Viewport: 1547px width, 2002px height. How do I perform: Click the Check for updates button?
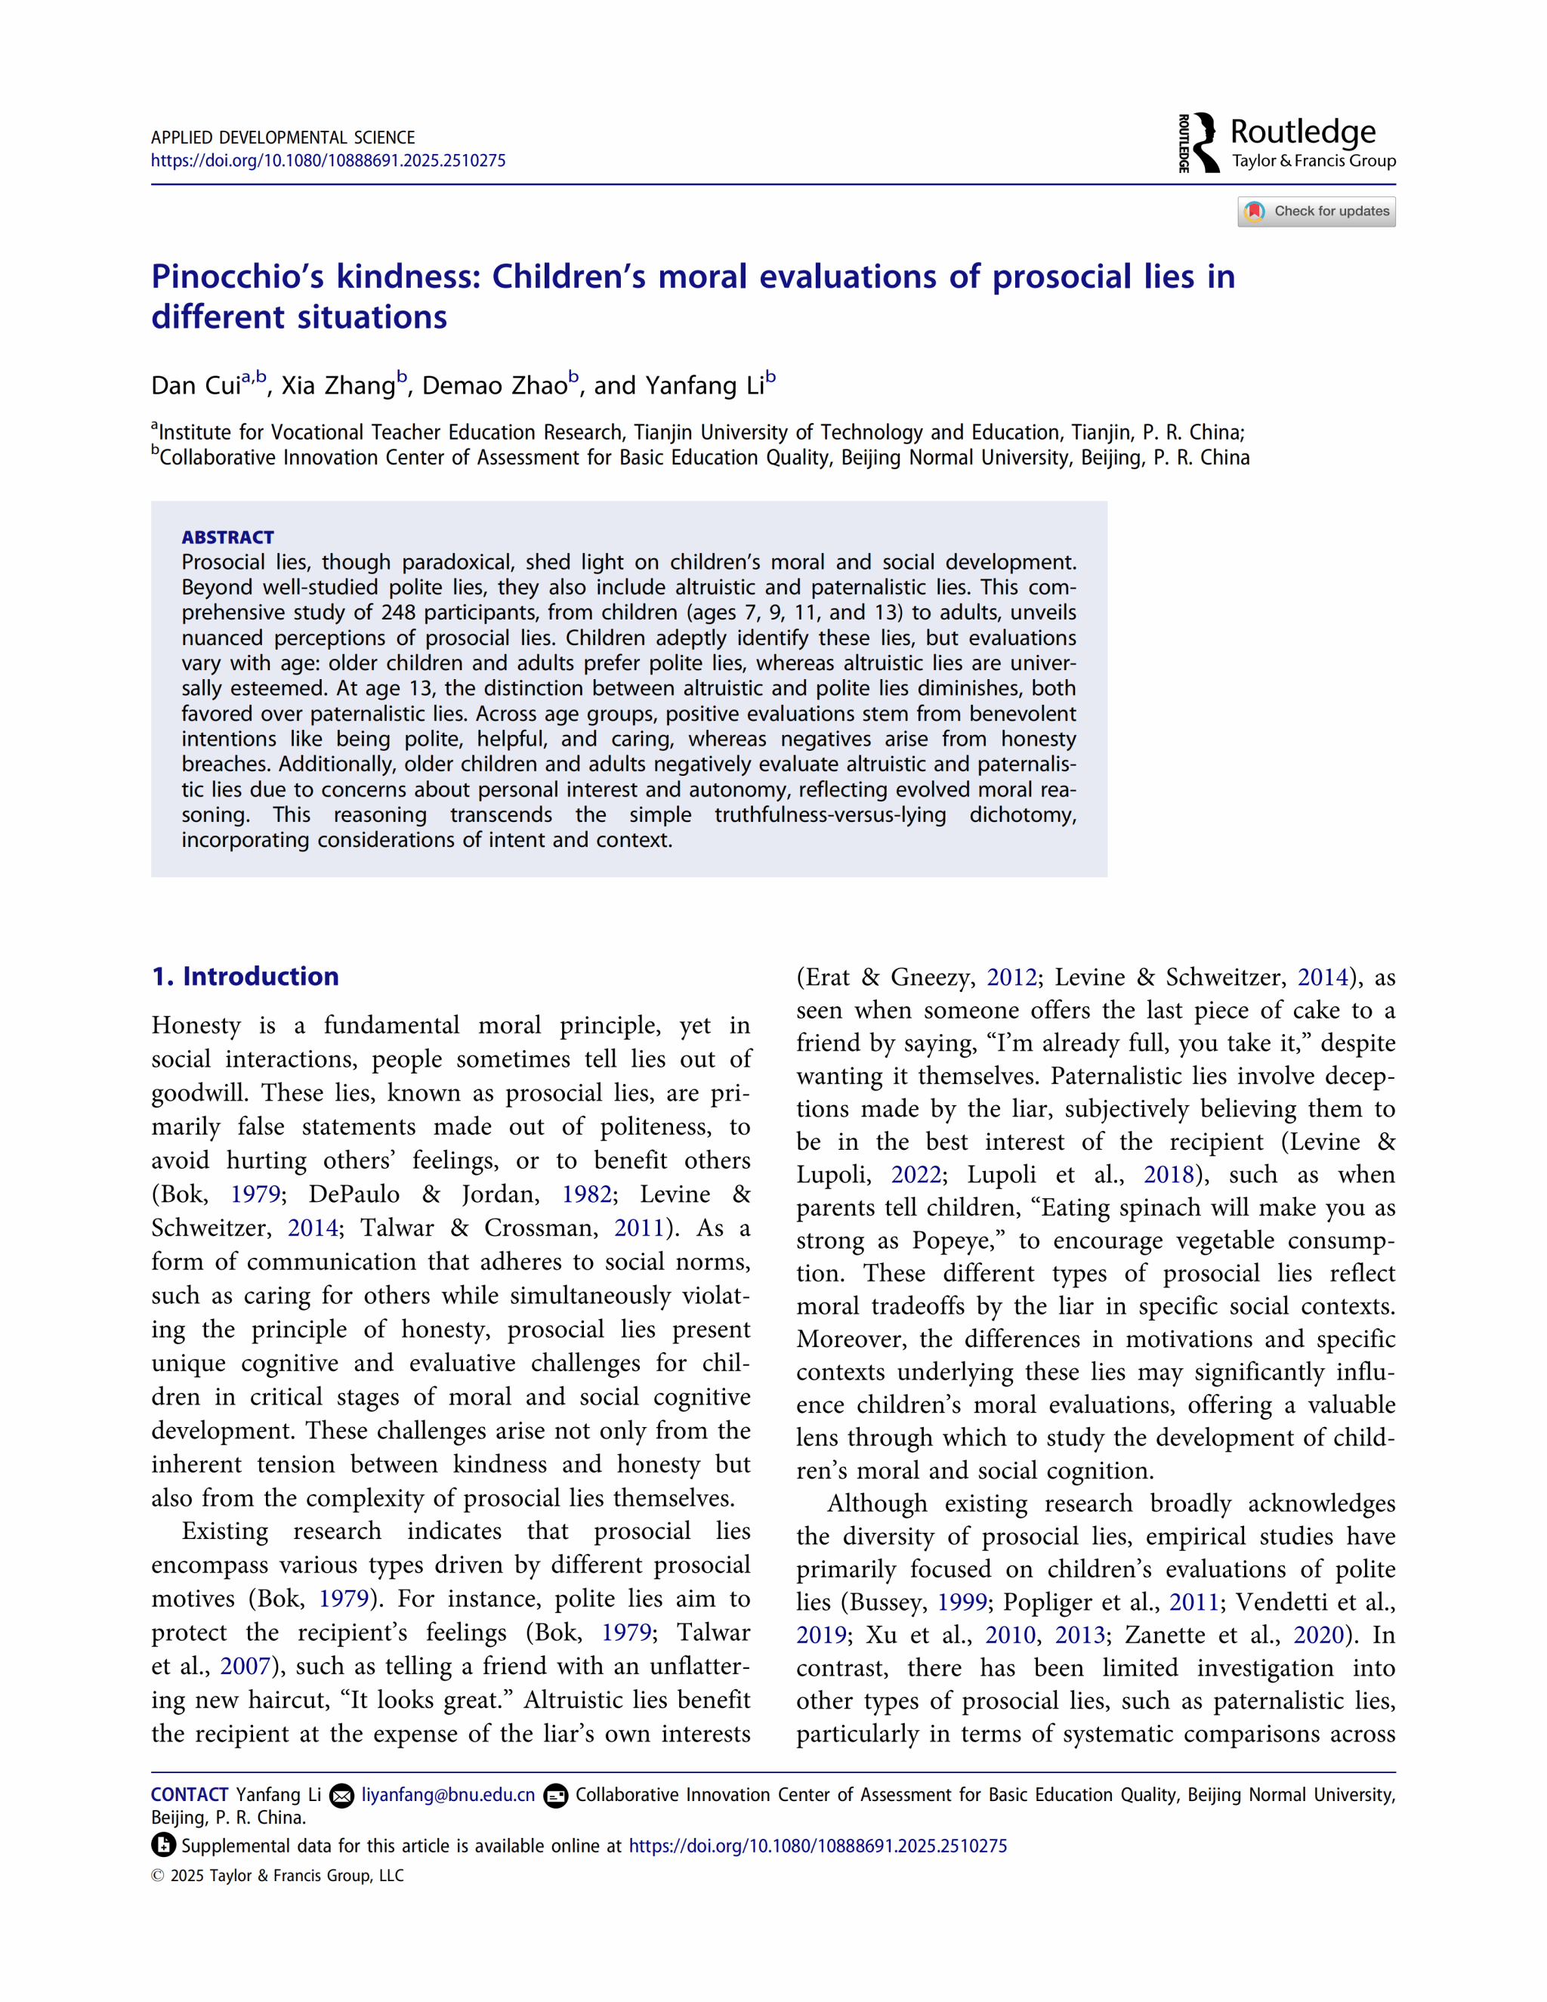coord(1316,212)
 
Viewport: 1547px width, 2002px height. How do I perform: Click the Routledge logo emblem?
coord(1200,143)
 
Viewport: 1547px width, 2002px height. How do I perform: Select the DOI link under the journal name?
coord(328,160)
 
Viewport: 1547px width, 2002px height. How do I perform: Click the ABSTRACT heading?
coord(227,537)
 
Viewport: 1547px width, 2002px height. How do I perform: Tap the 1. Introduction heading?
coord(245,976)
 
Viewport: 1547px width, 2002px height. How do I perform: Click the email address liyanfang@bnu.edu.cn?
coord(448,1795)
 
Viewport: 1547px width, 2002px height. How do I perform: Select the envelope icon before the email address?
coord(342,1796)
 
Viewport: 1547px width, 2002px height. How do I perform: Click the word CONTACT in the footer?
coord(190,1795)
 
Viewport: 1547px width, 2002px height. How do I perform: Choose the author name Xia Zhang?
coord(338,386)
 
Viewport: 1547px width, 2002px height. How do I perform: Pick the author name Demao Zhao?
coord(495,386)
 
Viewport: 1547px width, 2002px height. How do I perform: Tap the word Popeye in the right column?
coord(951,1240)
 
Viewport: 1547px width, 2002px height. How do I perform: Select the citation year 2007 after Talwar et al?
coord(245,1666)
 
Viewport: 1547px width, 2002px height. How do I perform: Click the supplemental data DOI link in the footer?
coord(817,1846)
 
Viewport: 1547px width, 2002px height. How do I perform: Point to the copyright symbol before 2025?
coord(158,1876)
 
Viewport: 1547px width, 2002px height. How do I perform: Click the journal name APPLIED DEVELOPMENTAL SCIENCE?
coord(283,137)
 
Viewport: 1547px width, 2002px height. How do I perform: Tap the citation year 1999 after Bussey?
coord(962,1602)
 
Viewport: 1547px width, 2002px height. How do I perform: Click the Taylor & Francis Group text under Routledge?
coord(1314,162)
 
